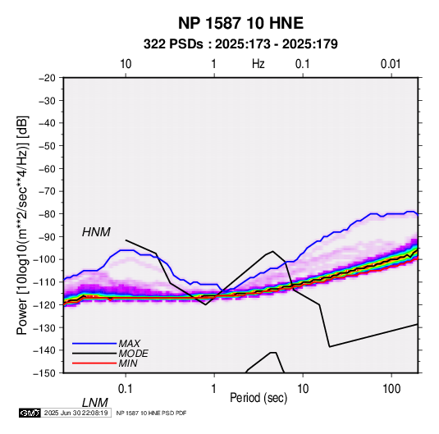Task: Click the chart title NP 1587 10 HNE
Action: pyautogui.click(x=240, y=23)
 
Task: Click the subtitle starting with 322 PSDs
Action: pyautogui.click(x=240, y=44)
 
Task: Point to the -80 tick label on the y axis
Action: pyautogui.click(x=47, y=214)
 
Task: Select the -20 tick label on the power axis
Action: pyautogui.click(x=47, y=78)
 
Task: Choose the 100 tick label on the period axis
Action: pyautogui.click(x=391, y=389)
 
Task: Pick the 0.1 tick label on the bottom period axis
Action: pyautogui.click(x=126, y=389)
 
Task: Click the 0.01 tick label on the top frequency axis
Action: pyautogui.click(x=391, y=64)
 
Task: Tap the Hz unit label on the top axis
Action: pyautogui.click(x=258, y=64)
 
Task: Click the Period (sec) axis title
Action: pyautogui.click(x=258, y=398)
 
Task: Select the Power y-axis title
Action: pyautogui.click(x=22, y=226)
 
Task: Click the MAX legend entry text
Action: pyautogui.click(x=129, y=344)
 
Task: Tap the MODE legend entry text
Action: pyautogui.click(x=133, y=354)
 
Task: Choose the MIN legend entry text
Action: pyautogui.click(x=128, y=363)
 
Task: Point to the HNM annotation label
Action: pyautogui.click(x=96, y=232)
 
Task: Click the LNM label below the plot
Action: pyautogui.click(x=95, y=403)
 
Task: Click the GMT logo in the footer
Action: pyautogui.click(x=30, y=413)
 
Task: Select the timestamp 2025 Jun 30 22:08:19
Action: pyautogui.click(x=75, y=413)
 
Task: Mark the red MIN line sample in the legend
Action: pyautogui.click(x=94, y=363)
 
